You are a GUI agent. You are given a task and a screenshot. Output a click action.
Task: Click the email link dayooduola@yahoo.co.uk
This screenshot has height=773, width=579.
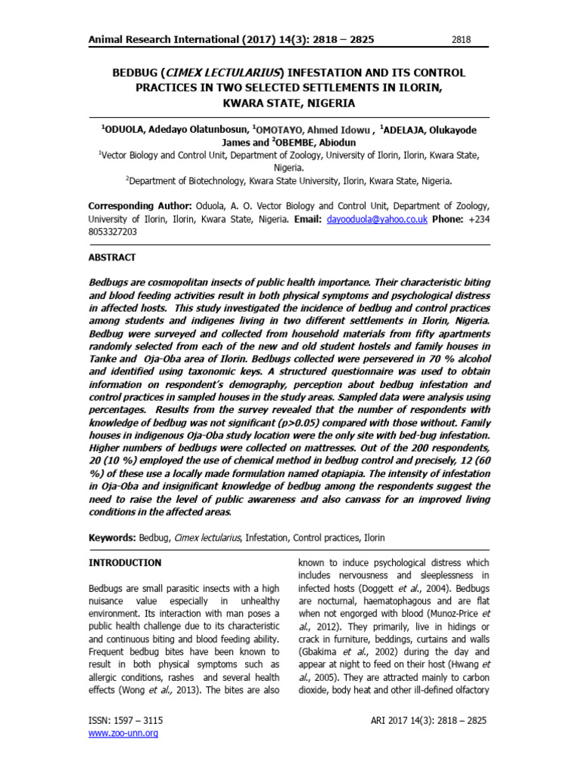377,219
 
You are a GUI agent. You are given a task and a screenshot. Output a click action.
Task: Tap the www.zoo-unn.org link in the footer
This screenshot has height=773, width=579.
123,733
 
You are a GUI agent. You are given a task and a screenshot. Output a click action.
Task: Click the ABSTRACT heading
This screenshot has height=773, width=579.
112,257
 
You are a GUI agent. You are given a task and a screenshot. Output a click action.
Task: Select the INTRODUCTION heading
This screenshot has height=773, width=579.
125,563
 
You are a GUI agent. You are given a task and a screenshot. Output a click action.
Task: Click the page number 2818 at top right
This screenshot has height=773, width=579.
461,39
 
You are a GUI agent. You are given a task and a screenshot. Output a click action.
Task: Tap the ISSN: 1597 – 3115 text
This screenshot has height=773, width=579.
126,720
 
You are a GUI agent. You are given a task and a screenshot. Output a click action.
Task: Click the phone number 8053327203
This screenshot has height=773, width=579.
113,233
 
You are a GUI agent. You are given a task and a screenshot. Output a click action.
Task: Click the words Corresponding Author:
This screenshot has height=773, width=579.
139,205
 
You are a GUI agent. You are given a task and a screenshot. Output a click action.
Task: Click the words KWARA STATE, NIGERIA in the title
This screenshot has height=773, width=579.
289,103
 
